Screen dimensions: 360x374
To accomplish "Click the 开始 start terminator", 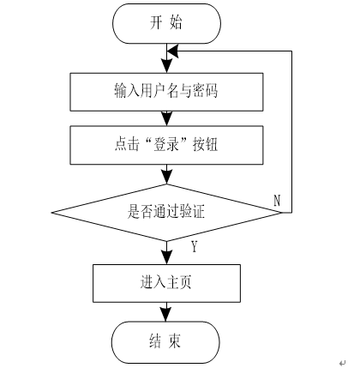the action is pyautogui.click(x=166, y=23).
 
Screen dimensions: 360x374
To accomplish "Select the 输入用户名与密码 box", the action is pyautogui.click(x=166, y=92).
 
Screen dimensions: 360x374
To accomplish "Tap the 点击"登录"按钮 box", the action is pyautogui.click(x=166, y=145).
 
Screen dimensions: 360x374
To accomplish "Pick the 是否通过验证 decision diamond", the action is pyautogui.click(x=166, y=213).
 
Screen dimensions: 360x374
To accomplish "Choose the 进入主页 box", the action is pyautogui.click(x=166, y=283).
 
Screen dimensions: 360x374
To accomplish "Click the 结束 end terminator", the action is pyautogui.click(x=165, y=342).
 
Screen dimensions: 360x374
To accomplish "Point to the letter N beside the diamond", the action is pyautogui.click(x=277, y=201).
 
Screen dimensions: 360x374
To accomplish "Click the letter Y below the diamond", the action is pyautogui.click(x=195, y=247).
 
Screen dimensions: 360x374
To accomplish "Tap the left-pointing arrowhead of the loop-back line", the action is pyautogui.click(x=173, y=51).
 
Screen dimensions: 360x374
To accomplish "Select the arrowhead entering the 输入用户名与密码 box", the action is pyautogui.click(x=167, y=66).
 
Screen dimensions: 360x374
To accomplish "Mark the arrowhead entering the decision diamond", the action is pyautogui.click(x=167, y=178).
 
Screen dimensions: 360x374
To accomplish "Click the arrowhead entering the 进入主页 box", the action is pyautogui.click(x=167, y=257).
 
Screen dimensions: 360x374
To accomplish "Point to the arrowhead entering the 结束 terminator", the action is pyautogui.click(x=166, y=315).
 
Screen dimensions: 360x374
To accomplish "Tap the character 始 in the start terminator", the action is pyautogui.click(x=176, y=23).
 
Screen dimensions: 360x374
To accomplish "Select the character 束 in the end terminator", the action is pyautogui.click(x=174, y=341).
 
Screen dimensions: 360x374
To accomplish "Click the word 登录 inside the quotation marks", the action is pyautogui.click(x=166, y=145).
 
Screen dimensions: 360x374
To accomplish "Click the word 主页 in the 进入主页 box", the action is pyautogui.click(x=179, y=282).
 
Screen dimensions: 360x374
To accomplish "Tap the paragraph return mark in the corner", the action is pyautogui.click(x=343, y=364).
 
